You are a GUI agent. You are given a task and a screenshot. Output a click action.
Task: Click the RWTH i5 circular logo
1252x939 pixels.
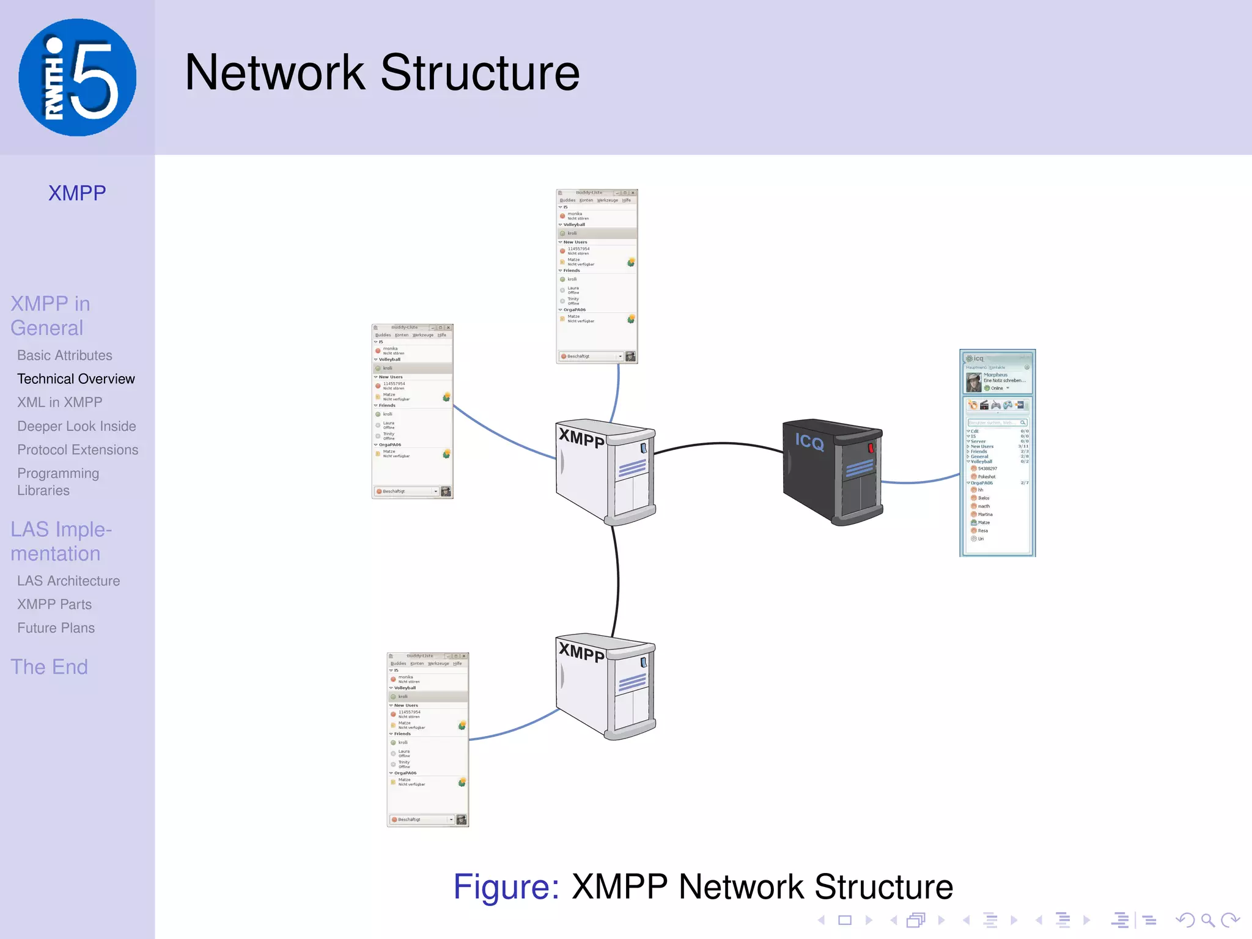pyautogui.click(x=77, y=77)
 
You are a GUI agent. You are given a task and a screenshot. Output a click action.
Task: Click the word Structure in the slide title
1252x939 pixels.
pyautogui.click(x=480, y=73)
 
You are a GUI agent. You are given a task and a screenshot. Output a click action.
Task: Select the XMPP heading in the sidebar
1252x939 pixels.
pyautogui.click(x=77, y=193)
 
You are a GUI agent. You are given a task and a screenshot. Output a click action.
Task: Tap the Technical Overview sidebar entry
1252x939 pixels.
pyautogui.click(x=76, y=379)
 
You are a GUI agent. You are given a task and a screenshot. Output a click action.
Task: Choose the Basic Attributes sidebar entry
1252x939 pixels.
pyautogui.click(x=65, y=355)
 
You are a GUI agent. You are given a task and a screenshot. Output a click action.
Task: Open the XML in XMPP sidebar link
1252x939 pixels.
pyautogui.click(x=60, y=402)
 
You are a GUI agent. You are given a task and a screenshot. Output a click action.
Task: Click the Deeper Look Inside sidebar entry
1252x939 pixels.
pyautogui.click(x=76, y=426)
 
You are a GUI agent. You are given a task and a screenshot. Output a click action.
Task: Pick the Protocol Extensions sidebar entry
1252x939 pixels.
pyautogui.click(x=78, y=450)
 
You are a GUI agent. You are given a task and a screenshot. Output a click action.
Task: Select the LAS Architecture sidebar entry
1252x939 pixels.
pyautogui.click(x=68, y=581)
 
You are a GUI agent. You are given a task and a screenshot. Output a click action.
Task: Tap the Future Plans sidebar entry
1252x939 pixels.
pyautogui.click(x=56, y=628)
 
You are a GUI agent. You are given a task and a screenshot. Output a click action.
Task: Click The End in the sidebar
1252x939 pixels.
pyautogui.click(x=49, y=667)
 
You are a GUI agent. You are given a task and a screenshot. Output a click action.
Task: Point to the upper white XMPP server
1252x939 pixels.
pyautogui.click(x=605, y=471)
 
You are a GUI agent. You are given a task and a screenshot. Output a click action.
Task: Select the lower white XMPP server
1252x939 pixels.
pyautogui.click(x=605, y=685)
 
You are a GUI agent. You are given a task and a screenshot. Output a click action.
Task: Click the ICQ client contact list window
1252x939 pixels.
pyautogui.click(x=997, y=452)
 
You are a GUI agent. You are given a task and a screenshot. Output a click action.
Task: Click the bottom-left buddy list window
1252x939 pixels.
pyautogui.click(x=427, y=740)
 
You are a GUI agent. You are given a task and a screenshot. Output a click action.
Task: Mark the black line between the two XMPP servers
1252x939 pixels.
pyautogui.click(x=617, y=581)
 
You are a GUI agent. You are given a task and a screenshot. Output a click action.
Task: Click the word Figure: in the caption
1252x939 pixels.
pyautogui.click(x=506, y=887)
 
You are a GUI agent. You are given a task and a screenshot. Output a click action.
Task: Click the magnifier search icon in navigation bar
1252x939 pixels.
pyautogui.click(x=1207, y=920)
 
